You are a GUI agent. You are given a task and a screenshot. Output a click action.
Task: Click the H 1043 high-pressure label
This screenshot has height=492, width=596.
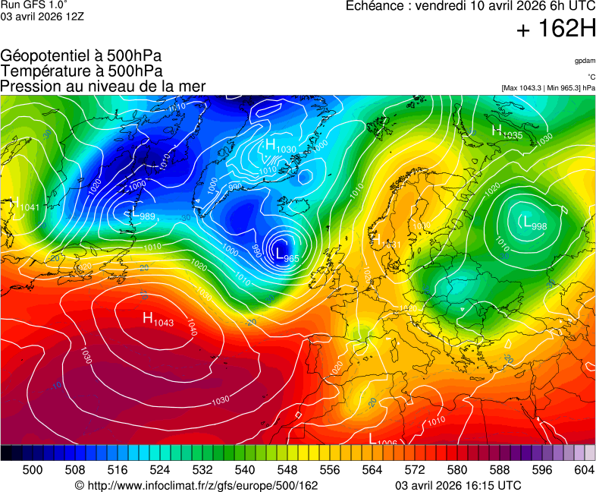(x=158, y=319)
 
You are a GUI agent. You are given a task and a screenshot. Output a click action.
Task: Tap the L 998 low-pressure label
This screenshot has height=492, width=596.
(x=534, y=222)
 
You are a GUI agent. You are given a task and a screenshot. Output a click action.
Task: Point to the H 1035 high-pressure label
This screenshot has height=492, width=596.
(x=507, y=132)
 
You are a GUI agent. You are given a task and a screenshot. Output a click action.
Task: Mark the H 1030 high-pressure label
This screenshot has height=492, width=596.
(x=279, y=146)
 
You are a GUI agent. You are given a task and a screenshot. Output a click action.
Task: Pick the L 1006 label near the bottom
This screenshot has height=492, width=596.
(x=383, y=440)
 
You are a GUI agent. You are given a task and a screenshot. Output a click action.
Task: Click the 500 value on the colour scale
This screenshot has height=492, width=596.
(x=33, y=470)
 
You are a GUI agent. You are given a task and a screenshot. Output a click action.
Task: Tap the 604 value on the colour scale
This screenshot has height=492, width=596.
(x=583, y=470)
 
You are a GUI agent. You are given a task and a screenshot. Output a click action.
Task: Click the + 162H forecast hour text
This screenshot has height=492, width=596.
(x=556, y=30)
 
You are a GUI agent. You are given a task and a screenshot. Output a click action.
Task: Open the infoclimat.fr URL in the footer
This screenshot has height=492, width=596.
(x=196, y=485)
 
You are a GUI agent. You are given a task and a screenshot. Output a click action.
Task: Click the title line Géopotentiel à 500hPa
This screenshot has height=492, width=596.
(x=81, y=57)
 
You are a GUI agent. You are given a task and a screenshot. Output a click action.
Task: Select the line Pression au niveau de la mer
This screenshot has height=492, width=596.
(x=103, y=86)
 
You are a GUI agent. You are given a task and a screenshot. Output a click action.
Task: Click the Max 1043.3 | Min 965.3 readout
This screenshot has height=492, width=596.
(x=548, y=88)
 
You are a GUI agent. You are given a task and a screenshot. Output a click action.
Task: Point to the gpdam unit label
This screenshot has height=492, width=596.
(x=585, y=60)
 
